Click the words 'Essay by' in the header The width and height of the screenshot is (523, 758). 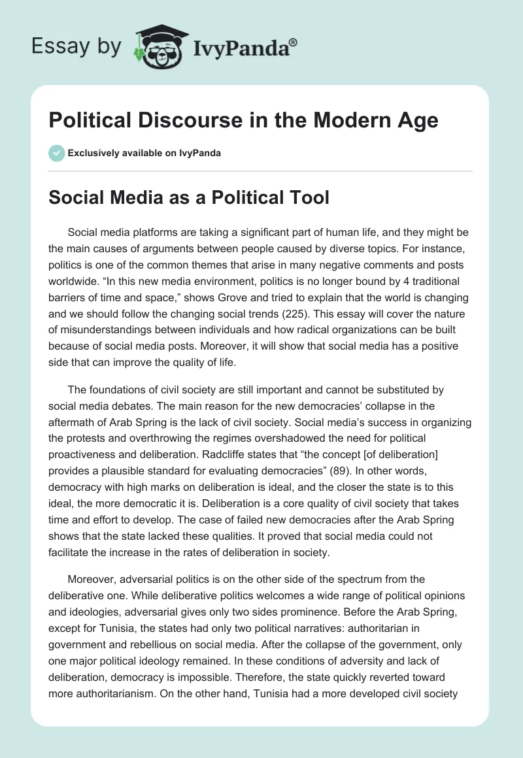point(76,46)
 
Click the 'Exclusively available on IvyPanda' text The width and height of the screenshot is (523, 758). point(144,153)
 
